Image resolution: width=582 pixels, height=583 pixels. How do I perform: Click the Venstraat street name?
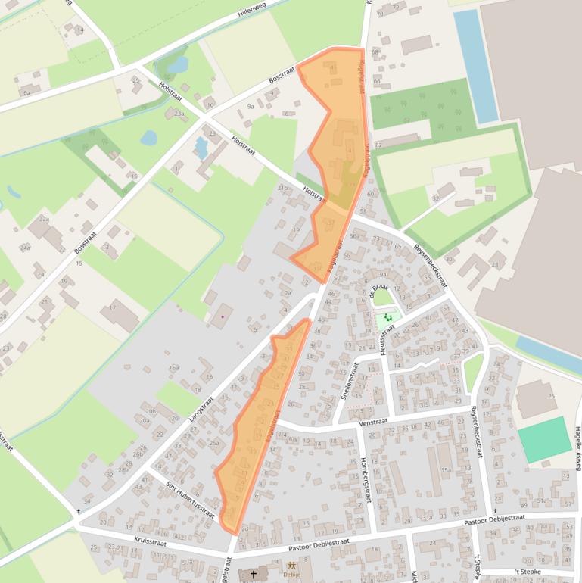pos(374,422)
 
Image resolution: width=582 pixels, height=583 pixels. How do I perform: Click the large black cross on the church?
pos(254,575)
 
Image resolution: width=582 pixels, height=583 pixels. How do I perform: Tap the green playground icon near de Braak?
pos(389,318)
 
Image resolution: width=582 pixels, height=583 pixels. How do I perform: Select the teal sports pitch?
pos(544,439)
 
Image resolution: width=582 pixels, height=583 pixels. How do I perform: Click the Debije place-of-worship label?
pos(292,574)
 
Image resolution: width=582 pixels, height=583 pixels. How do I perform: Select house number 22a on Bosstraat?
pos(43,220)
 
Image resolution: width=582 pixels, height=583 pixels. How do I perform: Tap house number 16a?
pos(173,367)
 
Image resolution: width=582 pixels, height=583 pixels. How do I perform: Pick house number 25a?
pos(214,444)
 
